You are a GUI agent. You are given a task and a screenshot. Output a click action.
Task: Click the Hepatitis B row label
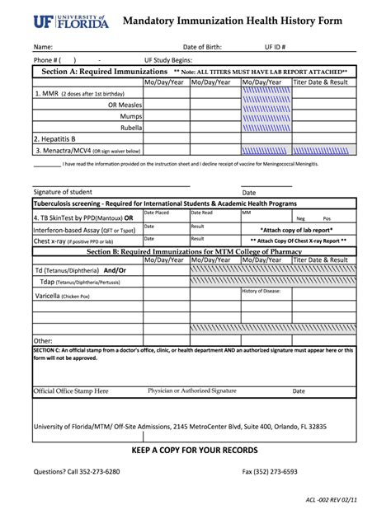pyautogui.click(x=54, y=138)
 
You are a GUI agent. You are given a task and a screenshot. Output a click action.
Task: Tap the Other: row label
pyautogui.click(x=43, y=340)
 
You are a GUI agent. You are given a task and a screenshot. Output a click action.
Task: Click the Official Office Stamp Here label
pyautogui.click(x=70, y=391)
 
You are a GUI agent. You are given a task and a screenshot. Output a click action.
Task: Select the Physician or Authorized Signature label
pyautogui.click(x=191, y=390)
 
